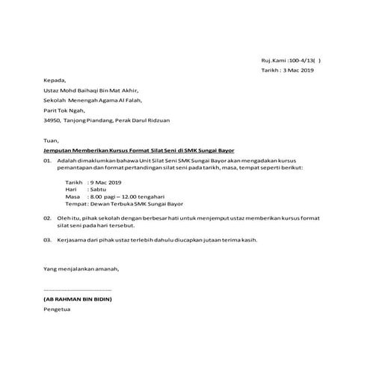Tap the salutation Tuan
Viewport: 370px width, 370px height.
point(51,140)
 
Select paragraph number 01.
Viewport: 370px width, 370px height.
point(47,161)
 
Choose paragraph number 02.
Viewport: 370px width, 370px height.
point(47,218)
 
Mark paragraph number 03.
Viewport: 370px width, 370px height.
point(47,241)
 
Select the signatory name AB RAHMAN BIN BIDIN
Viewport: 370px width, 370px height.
point(81,297)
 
